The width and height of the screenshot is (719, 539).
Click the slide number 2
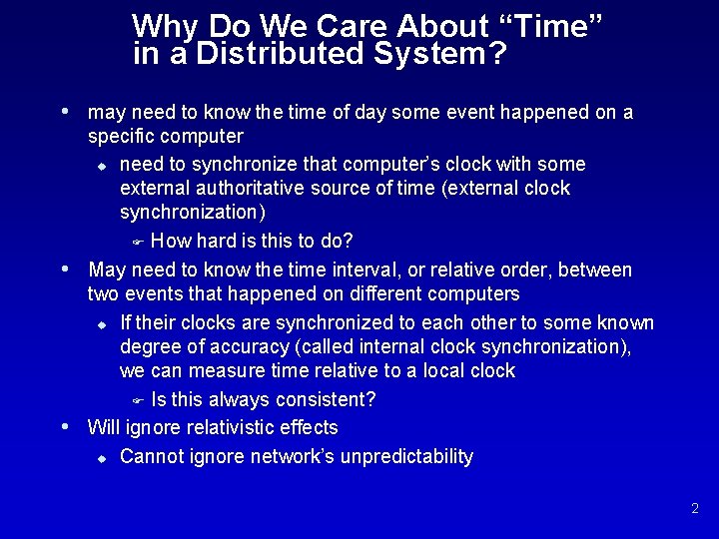(x=694, y=509)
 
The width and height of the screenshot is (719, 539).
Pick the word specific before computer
(x=120, y=136)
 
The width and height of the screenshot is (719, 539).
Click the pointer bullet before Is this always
(x=139, y=401)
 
